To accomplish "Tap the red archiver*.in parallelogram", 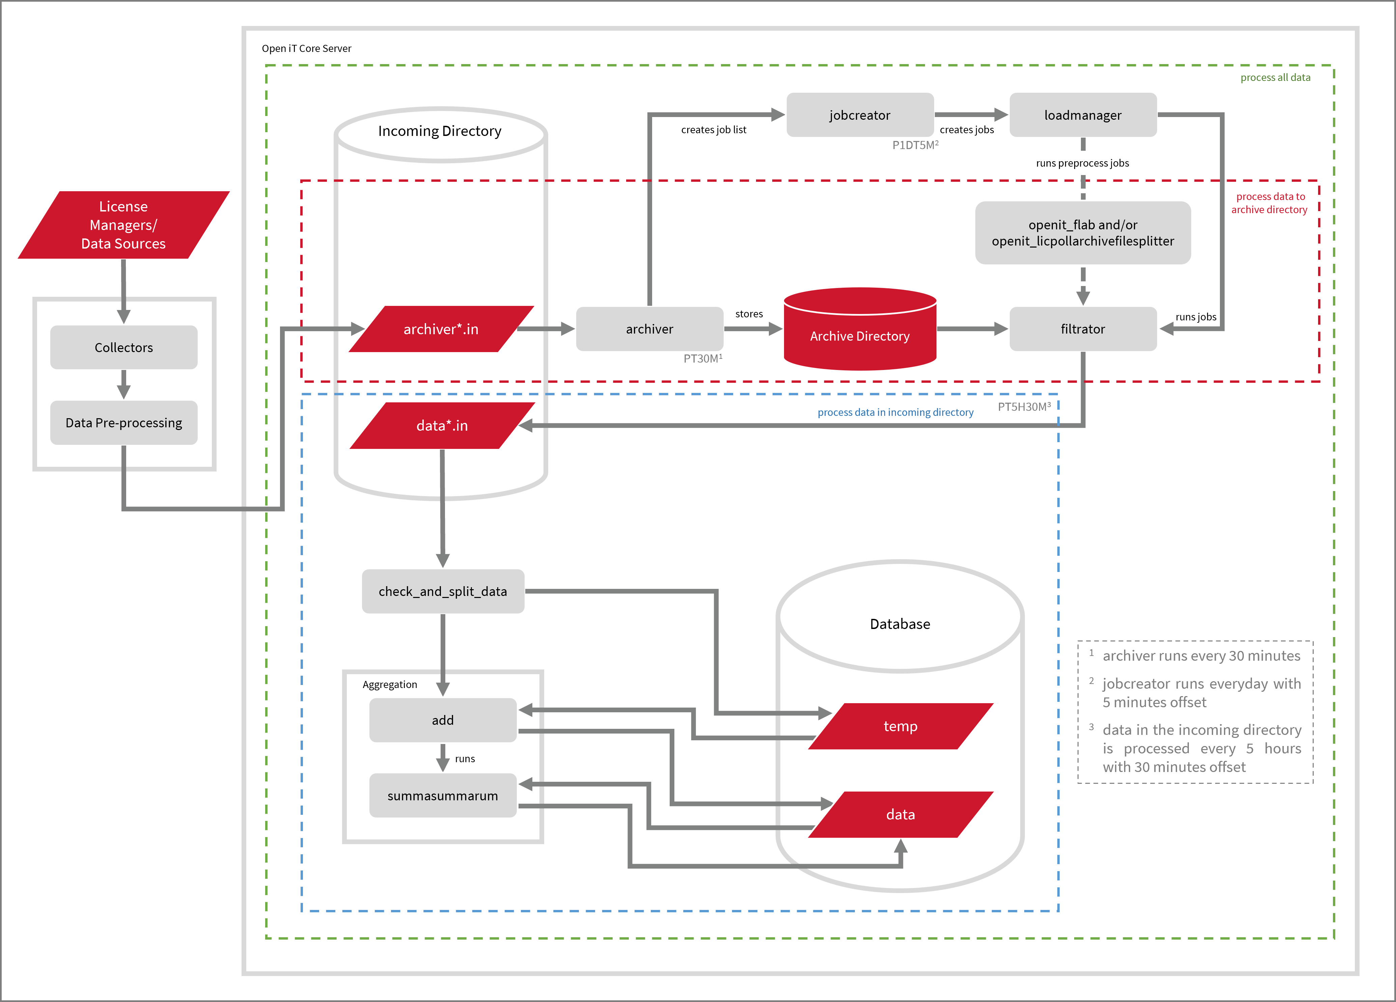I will pyautogui.click(x=441, y=329).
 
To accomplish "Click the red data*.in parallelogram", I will pyautogui.click(x=442, y=425).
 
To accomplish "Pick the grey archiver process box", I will pyautogui.click(x=649, y=329).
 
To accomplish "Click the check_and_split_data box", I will pyautogui.click(x=443, y=592).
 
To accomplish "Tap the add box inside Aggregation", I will pyautogui.click(x=443, y=720).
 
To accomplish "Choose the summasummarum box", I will pyautogui.click(x=443, y=796).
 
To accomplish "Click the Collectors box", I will pyautogui.click(x=124, y=348).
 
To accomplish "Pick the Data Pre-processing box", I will pyautogui.click(x=124, y=423).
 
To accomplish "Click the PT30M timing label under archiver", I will pyautogui.click(x=702, y=358).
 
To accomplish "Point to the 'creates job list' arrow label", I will pyautogui.click(x=714, y=130).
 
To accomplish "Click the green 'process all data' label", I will pyautogui.click(x=1275, y=78).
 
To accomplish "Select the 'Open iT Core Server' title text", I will pyautogui.click(x=307, y=49).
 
